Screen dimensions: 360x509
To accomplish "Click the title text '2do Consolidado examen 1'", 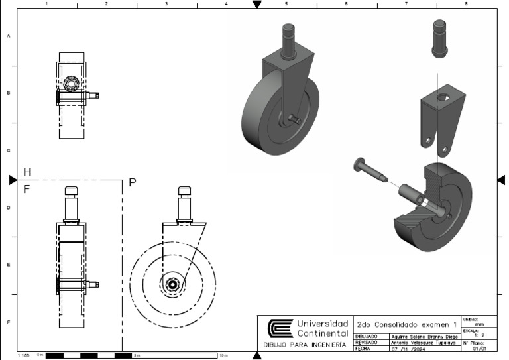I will (x=407, y=325).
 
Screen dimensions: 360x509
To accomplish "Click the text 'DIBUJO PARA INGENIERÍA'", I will (x=305, y=345).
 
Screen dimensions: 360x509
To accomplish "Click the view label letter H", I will (x=27, y=172).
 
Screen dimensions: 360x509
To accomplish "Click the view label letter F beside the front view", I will (x=27, y=189).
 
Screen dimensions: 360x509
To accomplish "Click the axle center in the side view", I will (x=173, y=284).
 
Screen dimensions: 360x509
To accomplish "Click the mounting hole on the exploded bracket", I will (x=441, y=99).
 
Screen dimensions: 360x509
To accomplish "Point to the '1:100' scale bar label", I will (x=23, y=356).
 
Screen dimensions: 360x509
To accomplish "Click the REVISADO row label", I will (x=366, y=342).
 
